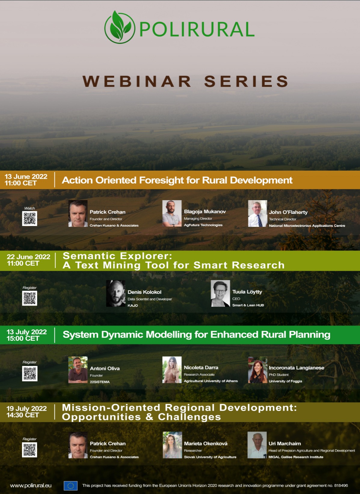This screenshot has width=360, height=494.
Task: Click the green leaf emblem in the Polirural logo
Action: point(119,27)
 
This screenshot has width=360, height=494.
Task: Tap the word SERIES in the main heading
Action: point(246,81)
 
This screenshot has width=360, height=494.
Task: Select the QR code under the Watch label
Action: point(29,218)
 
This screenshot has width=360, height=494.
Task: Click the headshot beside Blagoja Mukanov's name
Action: point(172,213)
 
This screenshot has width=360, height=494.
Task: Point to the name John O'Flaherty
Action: point(288,212)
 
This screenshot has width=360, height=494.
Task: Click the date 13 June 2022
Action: point(26,176)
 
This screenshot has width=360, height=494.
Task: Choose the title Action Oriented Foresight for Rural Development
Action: point(177,180)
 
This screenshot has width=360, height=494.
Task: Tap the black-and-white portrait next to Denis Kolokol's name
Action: point(116,293)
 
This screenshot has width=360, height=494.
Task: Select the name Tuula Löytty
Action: point(247,292)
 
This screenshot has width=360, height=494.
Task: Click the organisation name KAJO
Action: point(133,305)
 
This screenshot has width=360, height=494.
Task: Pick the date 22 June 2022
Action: point(29,257)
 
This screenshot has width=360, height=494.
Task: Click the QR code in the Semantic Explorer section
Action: point(29,298)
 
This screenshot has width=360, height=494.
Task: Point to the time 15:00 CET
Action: point(23,338)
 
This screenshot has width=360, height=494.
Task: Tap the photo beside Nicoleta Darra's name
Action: point(172,370)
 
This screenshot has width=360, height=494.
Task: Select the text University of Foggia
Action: point(285,381)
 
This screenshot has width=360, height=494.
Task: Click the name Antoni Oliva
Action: point(105,368)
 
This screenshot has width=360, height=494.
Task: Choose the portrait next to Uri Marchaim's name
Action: point(257,445)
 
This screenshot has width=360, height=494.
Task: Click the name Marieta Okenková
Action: point(205,443)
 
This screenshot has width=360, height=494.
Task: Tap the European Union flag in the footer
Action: point(71,486)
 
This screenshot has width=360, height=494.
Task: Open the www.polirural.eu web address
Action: point(31,485)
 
